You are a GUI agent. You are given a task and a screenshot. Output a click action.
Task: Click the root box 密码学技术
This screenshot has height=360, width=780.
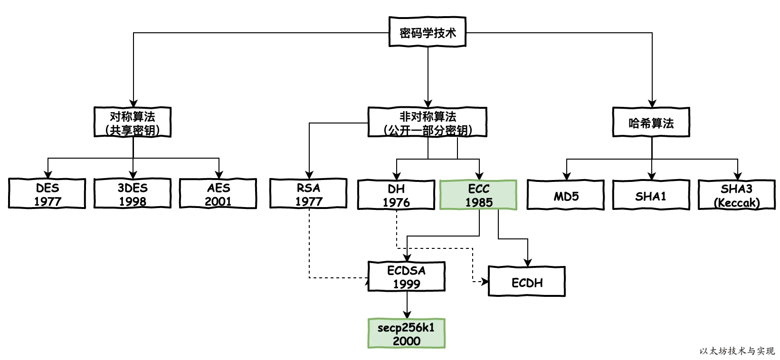tap(428, 32)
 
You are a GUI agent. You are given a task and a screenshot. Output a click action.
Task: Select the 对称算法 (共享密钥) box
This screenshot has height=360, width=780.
tap(133, 123)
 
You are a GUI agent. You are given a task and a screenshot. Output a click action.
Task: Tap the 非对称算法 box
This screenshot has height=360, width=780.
tap(428, 123)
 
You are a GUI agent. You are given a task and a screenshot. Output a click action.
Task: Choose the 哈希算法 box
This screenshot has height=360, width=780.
tap(651, 123)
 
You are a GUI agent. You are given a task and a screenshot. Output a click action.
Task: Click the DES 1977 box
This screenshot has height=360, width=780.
tap(47, 194)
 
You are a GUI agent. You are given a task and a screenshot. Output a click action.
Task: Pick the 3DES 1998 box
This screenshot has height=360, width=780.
tap(133, 194)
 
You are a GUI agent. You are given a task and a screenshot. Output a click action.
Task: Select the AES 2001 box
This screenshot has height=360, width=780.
tap(218, 194)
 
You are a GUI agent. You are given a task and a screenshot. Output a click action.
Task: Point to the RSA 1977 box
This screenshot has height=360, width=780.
tap(308, 194)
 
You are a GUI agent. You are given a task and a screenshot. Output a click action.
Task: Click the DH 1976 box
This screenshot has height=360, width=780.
tap(396, 195)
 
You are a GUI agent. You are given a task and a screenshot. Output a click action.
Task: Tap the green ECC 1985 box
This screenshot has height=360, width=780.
tap(478, 195)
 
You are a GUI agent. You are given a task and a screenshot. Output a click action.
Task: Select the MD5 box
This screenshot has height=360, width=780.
tap(566, 195)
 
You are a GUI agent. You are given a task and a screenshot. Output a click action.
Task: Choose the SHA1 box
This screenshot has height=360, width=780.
tap(651, 195)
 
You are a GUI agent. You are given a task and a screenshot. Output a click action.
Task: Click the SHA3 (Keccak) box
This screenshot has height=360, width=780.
tap(737, 195)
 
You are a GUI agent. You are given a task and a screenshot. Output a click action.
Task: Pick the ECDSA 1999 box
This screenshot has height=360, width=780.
tap(407, 276)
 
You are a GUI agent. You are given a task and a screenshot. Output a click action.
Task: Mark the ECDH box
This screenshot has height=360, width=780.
tap(527, 282)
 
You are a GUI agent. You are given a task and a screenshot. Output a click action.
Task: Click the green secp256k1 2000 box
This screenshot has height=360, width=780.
tap(407, 333)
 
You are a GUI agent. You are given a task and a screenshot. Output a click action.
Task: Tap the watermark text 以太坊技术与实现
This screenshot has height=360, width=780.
tap(737, 351)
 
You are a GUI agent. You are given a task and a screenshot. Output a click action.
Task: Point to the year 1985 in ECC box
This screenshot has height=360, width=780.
tap(478, 202)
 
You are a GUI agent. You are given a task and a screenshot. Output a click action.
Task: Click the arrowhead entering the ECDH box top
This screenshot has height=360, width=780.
tap(527, 263)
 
